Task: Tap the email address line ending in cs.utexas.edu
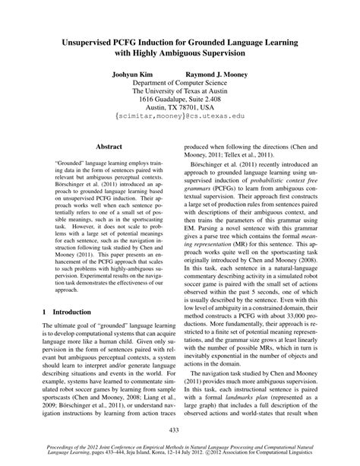point(180,119)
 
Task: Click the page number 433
point(179,430)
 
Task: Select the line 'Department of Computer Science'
point(180,87)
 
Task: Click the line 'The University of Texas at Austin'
point(180,98)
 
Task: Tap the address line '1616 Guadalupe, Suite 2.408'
point(180,109)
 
